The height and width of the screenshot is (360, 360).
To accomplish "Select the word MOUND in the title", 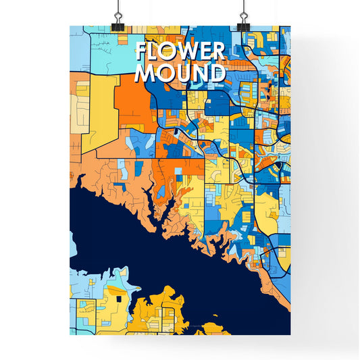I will (x=180, y=73).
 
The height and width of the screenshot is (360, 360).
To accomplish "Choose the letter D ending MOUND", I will (x=216, y=73).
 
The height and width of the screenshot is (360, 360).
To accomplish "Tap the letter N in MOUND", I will (x=199, y=73).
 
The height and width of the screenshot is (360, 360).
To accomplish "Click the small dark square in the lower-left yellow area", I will (x=119, y=297).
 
